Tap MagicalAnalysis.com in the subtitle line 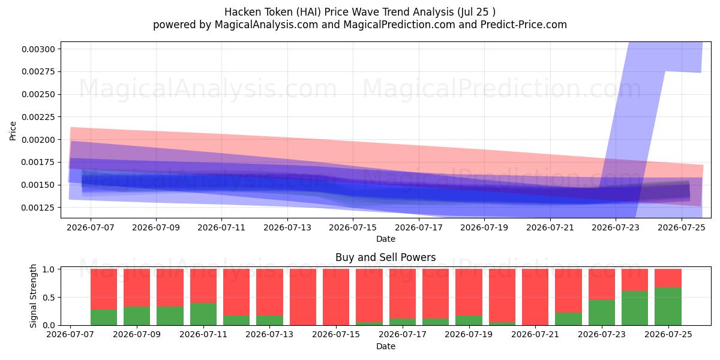(x=266, y=25)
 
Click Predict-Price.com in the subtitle (x=524, y=25)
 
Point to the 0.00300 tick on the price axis (x=38, y=49)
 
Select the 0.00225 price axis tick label (x=38, y=117)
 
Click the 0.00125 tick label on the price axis (x=38, y=208)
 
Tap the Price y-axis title (x=13, y=131)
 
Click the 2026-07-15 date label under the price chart (x=353, y=227)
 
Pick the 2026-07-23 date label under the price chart (x=616, y=227)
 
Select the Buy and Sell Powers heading (x=385, y=257)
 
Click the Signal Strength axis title (x=33, y=296)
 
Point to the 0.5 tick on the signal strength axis (x=49, y=298)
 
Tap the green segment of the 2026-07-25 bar (x=668, y=307)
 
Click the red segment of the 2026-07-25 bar (x=668, y=278)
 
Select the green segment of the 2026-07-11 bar (x=203, y=314)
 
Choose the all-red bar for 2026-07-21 (x=535, y=297)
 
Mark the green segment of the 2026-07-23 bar (x=602, y=313)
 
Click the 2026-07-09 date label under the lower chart (x=137, y=334)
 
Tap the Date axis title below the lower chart (x=386, y=346)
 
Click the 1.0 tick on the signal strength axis (x=49, y=269)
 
